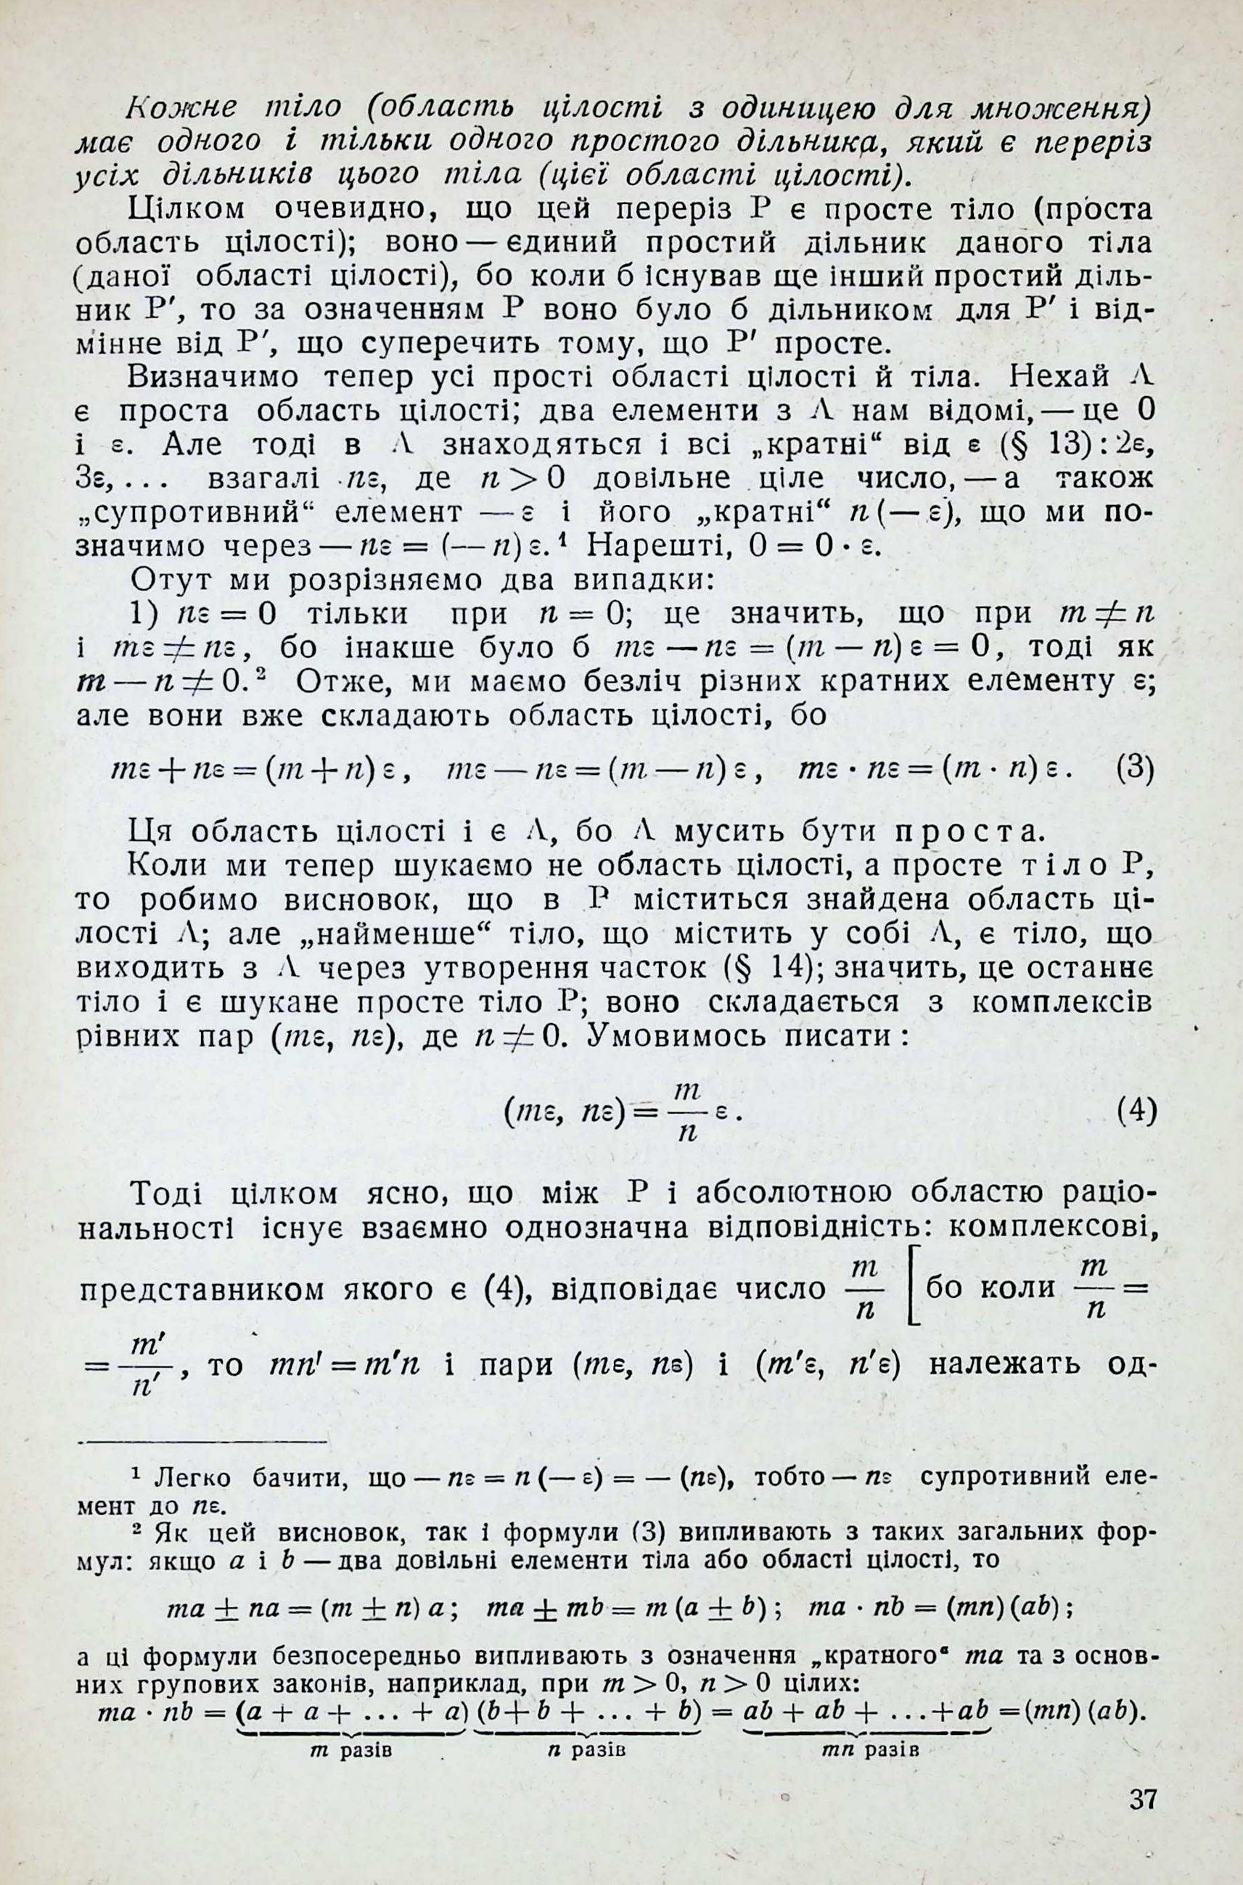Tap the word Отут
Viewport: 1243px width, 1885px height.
(165, 580)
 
